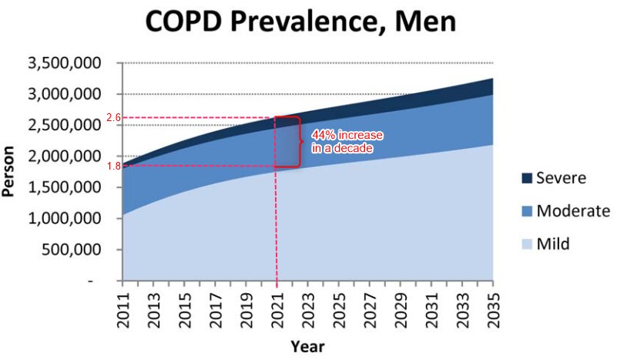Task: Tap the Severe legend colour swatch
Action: click(x=527, y=179)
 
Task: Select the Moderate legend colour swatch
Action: click(x=527, y=211)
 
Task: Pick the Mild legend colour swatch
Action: click(x=527, y=244)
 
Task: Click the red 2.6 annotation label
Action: click(x=113, y=118)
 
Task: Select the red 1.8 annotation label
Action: click(x=113, y=167)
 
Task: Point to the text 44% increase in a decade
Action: click(x=347, y=141)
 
